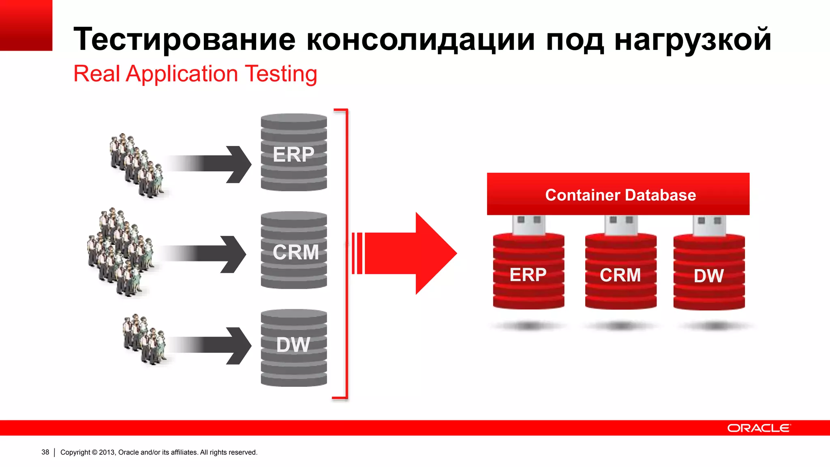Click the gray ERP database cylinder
tap(294, 153)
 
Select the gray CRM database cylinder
tap(294, 251)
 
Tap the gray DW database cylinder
tap(294, 348)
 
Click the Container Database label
tap(620, 195)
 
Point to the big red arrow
tap(409, 253)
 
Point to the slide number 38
tap(45, 452)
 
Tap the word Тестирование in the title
tap(184, 39)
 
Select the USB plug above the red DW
tap(709, 225)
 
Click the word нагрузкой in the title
tap(693, 39)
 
